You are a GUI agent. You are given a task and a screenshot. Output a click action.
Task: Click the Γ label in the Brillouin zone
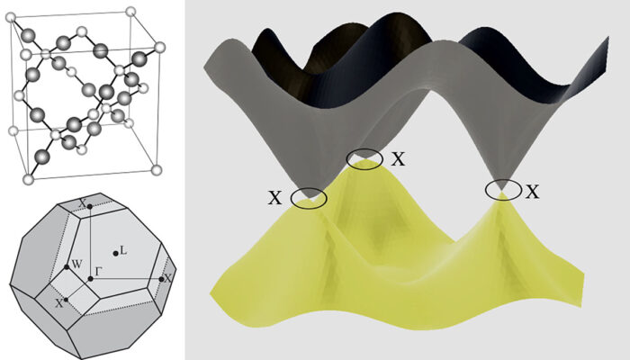point(98,269)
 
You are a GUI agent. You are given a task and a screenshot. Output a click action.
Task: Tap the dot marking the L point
point(114,253)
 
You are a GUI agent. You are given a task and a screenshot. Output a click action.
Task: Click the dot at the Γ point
point(90,278)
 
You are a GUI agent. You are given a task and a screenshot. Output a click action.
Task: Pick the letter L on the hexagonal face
point(123,250)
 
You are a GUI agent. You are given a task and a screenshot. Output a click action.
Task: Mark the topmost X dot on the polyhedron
point(90,209)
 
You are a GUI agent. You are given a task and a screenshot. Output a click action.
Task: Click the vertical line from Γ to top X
point(90,243)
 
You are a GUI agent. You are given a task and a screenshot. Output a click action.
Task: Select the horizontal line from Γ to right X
point(126,278)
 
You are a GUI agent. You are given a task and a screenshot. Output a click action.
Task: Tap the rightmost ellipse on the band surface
point(503,190)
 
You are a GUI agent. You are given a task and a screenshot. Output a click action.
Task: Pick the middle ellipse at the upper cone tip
point(364,159)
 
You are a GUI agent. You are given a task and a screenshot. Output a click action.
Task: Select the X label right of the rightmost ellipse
point(533,191)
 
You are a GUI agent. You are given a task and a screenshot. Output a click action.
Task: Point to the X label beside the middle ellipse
point(398,159)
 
